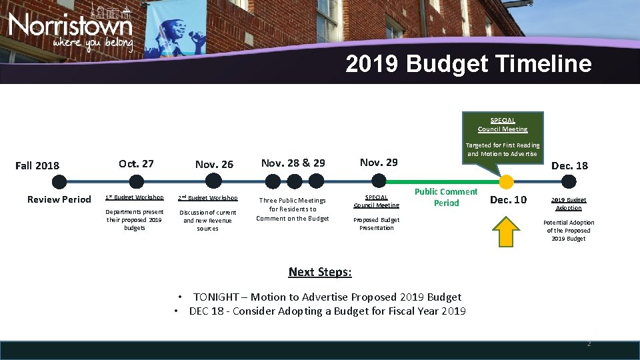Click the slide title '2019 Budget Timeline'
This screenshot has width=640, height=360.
[468, 64]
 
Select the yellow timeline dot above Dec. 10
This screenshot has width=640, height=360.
[507, 181]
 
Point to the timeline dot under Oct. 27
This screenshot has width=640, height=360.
[136, 181]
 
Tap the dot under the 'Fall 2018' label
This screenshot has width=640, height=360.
[59, 181]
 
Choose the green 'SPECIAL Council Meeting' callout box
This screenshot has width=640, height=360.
[503, 125]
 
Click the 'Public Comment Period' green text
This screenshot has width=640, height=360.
[446, 197]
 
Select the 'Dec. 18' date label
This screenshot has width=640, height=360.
[569, 165]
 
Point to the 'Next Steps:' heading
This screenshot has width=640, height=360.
[320, 272]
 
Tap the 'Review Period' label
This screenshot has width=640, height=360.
[59, 199]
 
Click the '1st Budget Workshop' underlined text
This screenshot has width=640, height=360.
[134, 197]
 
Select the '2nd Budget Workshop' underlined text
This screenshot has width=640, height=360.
[207, 198]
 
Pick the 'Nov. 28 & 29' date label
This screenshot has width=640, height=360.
[293, 163]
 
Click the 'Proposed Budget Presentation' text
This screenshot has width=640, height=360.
[376, 224]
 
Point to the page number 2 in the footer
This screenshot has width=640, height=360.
[588, 344]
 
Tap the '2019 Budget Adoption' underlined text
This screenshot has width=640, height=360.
[569, 204]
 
